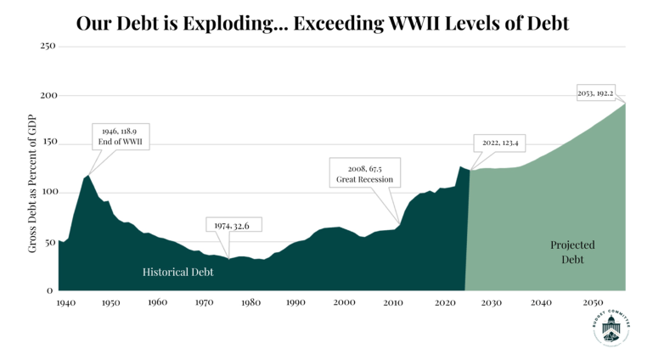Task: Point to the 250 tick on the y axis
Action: coord(48,45)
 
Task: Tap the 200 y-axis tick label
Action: coord(48,95)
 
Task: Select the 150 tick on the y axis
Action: coord(48,143)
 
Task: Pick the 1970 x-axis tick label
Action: coord(204,302)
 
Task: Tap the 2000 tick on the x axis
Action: coord(344,302)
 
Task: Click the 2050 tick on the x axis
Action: coord(592,302)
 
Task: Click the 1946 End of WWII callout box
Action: coord(121,137)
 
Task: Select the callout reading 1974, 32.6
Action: coord(233,225)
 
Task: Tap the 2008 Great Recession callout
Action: coord(364,173)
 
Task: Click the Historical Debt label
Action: coord(177,273)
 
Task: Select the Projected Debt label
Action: coord(572,252)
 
